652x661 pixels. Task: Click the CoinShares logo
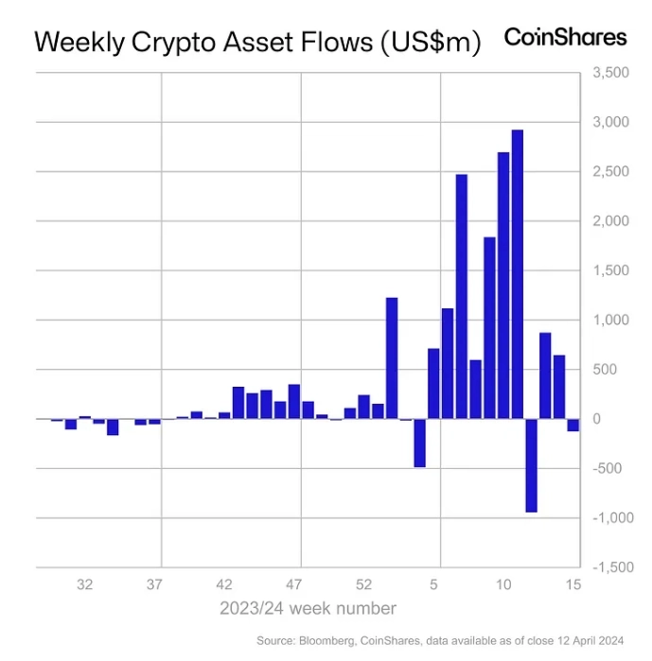[x=565, y=37]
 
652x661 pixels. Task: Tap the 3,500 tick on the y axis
[x=609, y=73]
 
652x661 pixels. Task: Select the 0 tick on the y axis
[x=596, y=419]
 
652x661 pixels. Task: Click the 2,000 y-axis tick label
[x=609, y=221]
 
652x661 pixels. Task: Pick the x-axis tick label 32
[x=84, y=584]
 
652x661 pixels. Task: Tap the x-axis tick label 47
[x=294, y=584]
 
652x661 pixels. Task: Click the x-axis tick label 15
[x=573, y=584]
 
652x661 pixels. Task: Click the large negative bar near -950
[x=531, y=465]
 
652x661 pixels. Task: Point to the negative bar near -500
[x=419, y=443]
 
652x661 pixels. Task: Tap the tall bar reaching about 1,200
[x=392, y=357]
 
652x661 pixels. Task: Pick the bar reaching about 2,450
[x=462, y=296]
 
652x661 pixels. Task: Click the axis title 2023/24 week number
[x=308, y=607]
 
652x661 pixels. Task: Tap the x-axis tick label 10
[x=504, y=584]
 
